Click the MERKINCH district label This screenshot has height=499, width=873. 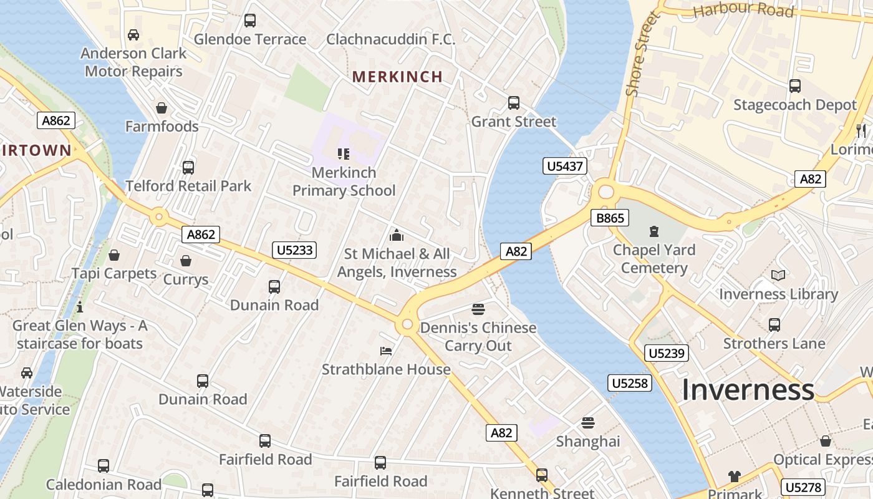(397, 77)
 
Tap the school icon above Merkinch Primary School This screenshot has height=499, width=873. (343, 153)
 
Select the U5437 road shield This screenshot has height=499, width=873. (565, 166)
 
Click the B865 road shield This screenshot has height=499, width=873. (610, 218)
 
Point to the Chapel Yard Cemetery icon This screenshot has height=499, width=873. (654, 232)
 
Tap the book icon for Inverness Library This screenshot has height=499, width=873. (778, 275)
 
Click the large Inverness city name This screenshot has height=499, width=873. (748, 390)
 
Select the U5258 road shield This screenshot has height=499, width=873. (630, 383)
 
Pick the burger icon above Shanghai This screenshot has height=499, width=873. (587, 423)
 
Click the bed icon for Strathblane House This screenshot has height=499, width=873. (386, 351)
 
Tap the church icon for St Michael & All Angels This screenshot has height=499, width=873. (396, 236)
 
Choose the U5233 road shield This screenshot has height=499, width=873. (295, 250)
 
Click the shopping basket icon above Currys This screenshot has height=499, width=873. (185, 261)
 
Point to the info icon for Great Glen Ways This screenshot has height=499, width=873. (79, 307)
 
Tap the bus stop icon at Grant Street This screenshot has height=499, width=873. (513, 103)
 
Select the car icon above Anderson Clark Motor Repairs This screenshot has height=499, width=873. (133, 35)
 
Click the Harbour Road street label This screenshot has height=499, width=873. (743, 11)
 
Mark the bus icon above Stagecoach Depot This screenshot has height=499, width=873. (794, 86)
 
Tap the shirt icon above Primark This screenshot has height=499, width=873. (734, 477)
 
